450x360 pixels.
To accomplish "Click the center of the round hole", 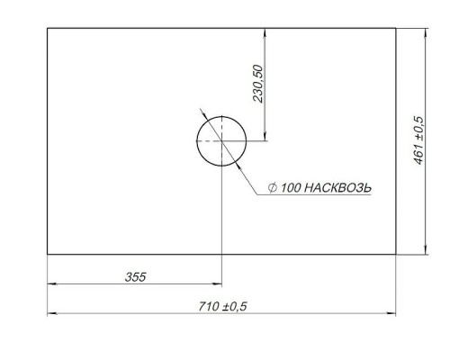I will (x=221, y=141).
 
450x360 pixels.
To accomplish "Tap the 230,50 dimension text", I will (x=258, y=84).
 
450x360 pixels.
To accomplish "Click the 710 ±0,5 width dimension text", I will (x=222, y=306).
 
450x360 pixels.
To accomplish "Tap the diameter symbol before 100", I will (x=272, y=188).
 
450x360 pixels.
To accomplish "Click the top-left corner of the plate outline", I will (x=48, y=28).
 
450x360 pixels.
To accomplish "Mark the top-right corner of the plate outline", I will (x=396, y=28).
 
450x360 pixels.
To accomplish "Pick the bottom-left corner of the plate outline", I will (x=48, y=254).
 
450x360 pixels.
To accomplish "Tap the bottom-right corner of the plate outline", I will (x=396, y=254).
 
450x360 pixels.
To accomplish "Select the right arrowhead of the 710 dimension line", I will (x=391, y=314).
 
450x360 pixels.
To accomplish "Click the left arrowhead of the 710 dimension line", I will (x=52, y=314).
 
